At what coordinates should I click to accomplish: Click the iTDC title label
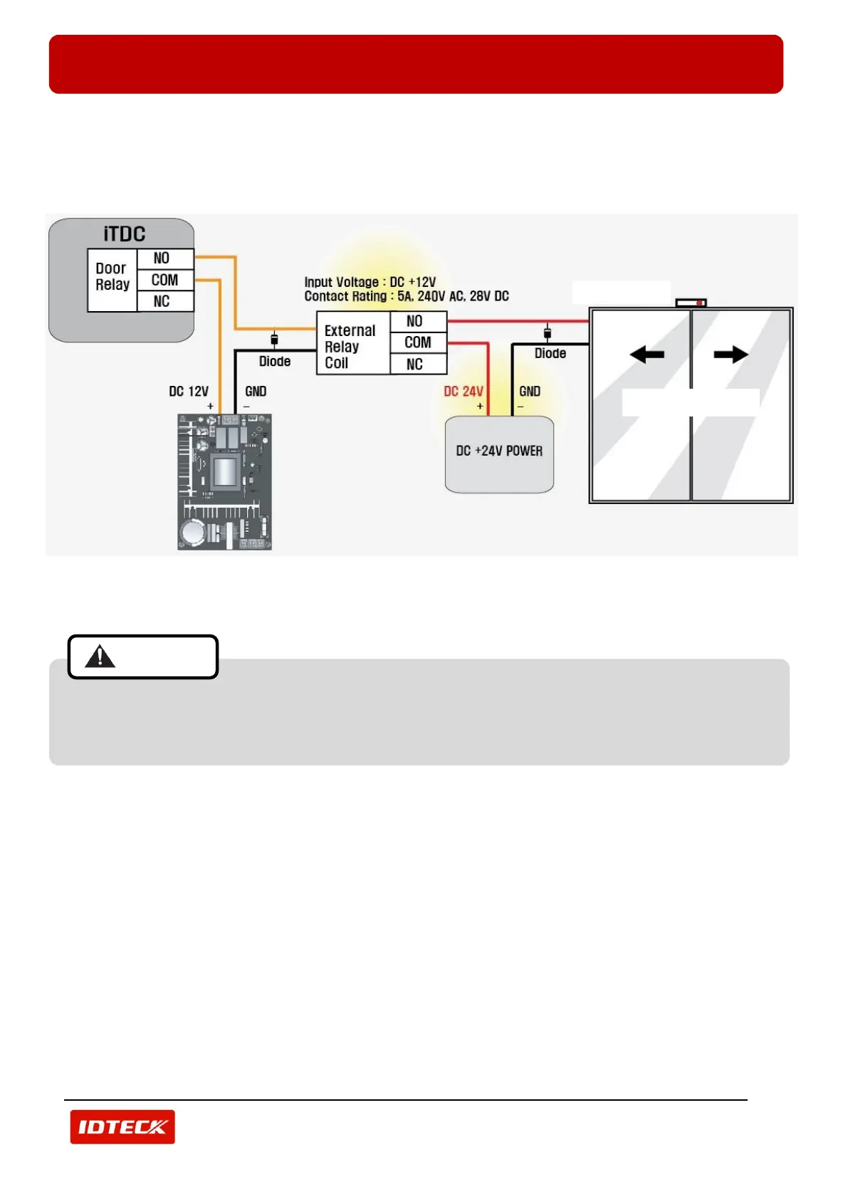coord(124,234)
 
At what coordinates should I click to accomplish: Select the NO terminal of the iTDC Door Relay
coord(162,258)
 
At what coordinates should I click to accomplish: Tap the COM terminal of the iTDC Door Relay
coord(164,280)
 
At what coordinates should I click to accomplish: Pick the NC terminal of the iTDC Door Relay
coord(162,301)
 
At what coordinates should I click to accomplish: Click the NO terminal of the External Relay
coord(414,321)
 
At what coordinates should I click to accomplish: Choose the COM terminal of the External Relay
coord(418,342)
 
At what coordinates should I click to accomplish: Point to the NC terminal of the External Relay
coord(414,364)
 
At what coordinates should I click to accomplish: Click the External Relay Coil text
coord(350,347)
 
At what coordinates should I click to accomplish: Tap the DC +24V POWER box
coord(499,454)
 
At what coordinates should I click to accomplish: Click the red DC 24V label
coord(463,392)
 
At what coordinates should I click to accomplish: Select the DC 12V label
coord(189,392)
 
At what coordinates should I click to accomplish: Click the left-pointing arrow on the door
coord(647,354)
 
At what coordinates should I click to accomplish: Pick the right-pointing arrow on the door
coord(731,354)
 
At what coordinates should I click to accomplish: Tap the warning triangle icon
coord(100,656)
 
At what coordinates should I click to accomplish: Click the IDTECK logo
coord(122,1126)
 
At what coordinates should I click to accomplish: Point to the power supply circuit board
coord(224,482)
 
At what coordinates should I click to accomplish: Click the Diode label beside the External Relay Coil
coord(275,362)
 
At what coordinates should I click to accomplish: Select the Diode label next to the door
coord(550,353)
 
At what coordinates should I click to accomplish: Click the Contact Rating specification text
coord(407,296)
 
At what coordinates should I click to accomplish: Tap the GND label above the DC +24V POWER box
coord(530,392)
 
